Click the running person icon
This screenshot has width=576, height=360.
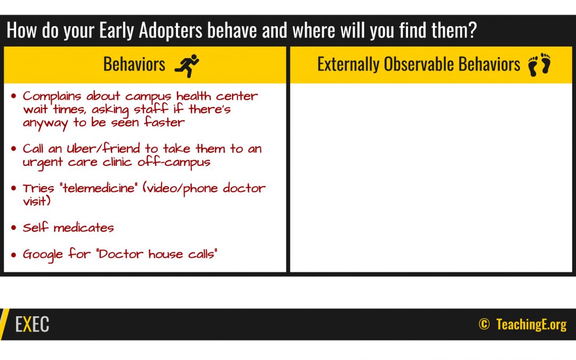pyautogui.click(x=187, y=66)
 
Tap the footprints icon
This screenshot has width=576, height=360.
pyautogui.click(x=539, y=65)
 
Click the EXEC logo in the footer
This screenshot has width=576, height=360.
pyautogui.click(x=32, y=324)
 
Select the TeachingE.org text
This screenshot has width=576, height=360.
pyautogui.click(x=531, y=324)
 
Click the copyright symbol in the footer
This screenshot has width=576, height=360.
pyautogui.click(x=484, y=324)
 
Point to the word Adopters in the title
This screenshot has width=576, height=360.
pyautogui.click(x=171, y=30)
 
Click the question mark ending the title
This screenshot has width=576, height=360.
pyautogui.click(x=472, y=30)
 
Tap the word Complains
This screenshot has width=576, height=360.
pyautogui.click(x=52, y=97)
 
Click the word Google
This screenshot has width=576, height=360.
pyautogui.click(x=43, y=254)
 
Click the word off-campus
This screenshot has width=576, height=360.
pyautogui.click(x=174, y=162)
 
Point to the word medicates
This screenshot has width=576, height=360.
pyautogui.click(x=83, y=228)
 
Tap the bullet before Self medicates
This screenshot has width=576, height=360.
pyautogui.click(x=13, y=228)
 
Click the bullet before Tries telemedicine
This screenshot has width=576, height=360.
pyautogui.click(x=13, y=188)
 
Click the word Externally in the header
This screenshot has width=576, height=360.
pyautogui.click(x=348, y=65)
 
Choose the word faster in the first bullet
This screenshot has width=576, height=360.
pyautogui.click(x=164, y=122)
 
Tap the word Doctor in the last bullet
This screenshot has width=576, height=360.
pyautogui.click(x=121, y=253)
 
